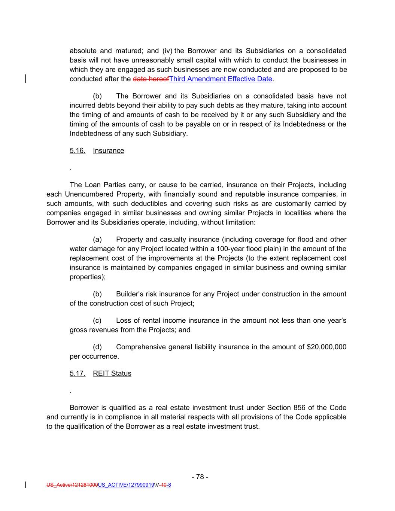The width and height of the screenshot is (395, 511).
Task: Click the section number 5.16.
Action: coord(77,150)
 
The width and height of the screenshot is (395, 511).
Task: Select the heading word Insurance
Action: coord(108,150)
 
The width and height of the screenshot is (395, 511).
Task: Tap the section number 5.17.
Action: coord(77,373)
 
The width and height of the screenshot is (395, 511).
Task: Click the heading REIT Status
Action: coord(112,373)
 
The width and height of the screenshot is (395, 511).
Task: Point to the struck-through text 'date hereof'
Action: coord(151,79)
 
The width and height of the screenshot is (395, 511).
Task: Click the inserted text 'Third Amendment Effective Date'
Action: coord(221,79)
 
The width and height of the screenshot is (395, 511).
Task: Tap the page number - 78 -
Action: coord(200,477)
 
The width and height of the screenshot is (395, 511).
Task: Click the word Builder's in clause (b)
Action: coord(130,294)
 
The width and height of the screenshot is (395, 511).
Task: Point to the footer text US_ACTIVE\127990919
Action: coord(126,485)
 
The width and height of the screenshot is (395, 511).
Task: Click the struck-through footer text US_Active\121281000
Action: coord(72,485)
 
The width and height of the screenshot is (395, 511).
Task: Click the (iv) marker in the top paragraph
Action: coord(167,51)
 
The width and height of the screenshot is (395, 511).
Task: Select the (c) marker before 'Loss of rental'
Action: coord(97,320)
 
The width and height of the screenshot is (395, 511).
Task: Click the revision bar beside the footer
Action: coord(25,485)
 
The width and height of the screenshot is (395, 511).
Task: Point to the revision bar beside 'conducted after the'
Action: coord(25,79)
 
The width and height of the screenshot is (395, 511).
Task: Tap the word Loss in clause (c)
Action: coord(123,320)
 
